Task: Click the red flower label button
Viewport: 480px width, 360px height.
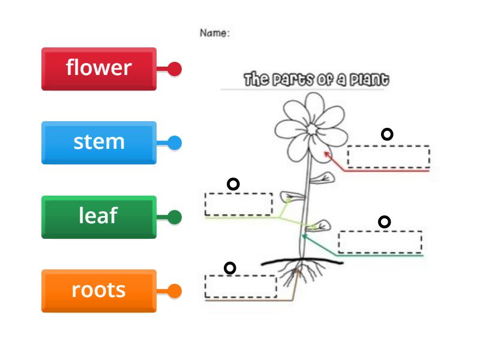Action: point(99,68)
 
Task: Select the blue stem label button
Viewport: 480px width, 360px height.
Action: point(99,143)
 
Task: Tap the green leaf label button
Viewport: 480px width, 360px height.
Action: point(99,217)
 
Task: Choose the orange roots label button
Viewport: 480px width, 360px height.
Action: point(99,290)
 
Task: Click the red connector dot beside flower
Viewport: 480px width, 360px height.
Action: point(175,69)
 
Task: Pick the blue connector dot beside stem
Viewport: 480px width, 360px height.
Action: point(175,143)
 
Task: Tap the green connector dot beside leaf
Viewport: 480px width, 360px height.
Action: point(175,217)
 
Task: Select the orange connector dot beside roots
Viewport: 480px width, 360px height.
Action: point(175,292)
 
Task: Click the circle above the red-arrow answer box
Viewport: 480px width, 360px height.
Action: point(387,134)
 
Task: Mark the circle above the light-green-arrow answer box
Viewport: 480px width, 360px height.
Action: point(233,184)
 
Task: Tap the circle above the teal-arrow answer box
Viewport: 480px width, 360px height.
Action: point(384,222)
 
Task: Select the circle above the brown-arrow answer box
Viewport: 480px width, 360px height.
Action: point(229,268)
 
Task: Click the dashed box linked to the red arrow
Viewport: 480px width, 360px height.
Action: point(388,157)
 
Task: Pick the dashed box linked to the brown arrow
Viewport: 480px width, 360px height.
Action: point(241,286)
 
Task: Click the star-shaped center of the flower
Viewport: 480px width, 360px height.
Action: point(311,129)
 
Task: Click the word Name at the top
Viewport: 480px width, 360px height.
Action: point(214,34)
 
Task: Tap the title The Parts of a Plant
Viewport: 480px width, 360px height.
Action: point(316,80)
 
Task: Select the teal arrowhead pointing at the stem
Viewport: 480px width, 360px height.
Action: point(304,236)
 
